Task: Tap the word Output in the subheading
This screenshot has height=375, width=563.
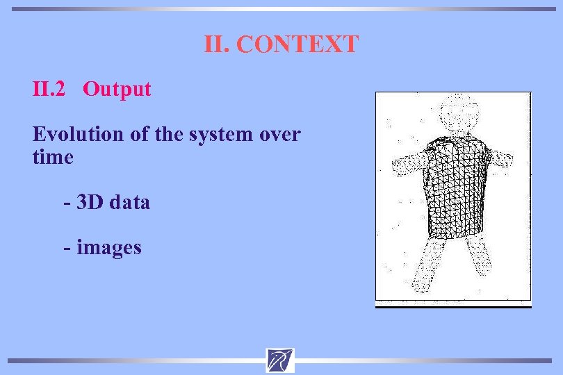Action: click(x=117, y=89)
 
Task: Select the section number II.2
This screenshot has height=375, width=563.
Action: click(x=49, y=89)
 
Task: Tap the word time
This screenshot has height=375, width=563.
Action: click(x=53, y=157)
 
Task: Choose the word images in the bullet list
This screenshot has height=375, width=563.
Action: click(x=109, y=247)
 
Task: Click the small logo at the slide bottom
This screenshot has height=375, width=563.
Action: click(x=280, y=360)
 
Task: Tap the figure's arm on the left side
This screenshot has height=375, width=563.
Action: click(x=409, y=162)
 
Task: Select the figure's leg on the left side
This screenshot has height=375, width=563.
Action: click(x=425, y=267)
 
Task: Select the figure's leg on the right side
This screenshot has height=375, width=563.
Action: click(x=479, y=257)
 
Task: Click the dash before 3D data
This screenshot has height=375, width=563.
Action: click(x=67, y=203)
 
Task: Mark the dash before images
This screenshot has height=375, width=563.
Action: click(x=67, y=247)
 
